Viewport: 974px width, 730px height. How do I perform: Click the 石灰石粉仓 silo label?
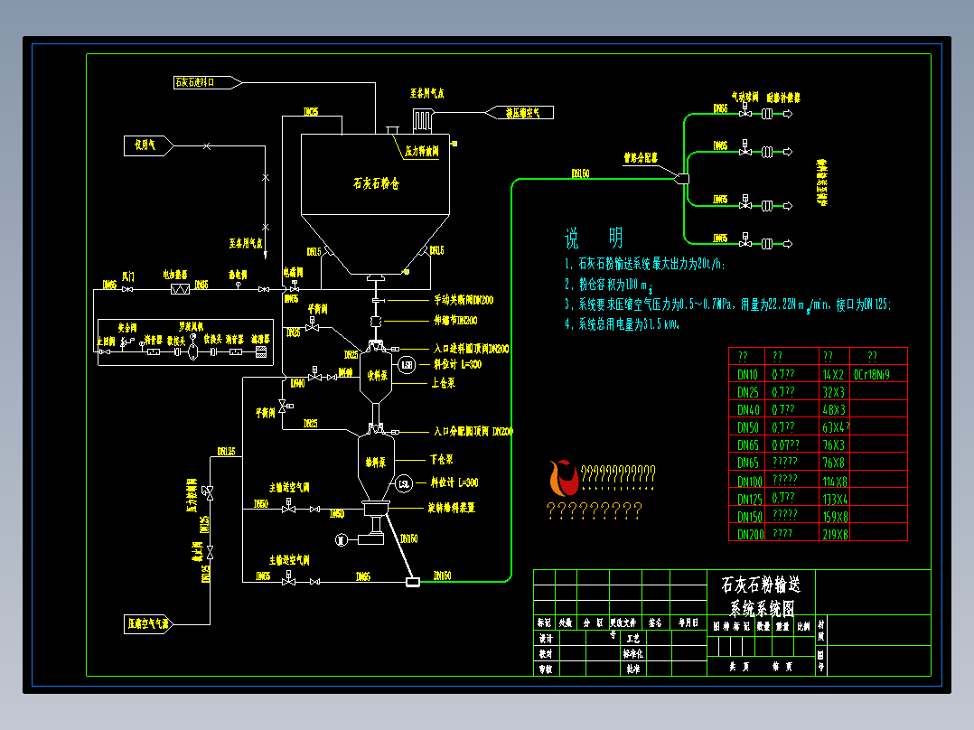pos(375,182)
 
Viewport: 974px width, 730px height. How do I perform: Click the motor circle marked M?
pos(341,539)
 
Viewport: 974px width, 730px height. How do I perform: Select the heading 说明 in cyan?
pos(594,239)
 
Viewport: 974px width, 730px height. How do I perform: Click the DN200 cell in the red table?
pos(749,534)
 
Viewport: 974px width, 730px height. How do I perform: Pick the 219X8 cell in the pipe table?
pos(834,534)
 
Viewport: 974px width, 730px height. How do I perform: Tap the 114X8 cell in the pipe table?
pos(834,481)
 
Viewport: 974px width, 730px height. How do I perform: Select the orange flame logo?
pos(561,478)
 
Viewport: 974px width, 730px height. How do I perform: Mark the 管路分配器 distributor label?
pos(640,157)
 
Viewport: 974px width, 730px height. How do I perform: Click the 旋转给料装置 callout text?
pos(464,507)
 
